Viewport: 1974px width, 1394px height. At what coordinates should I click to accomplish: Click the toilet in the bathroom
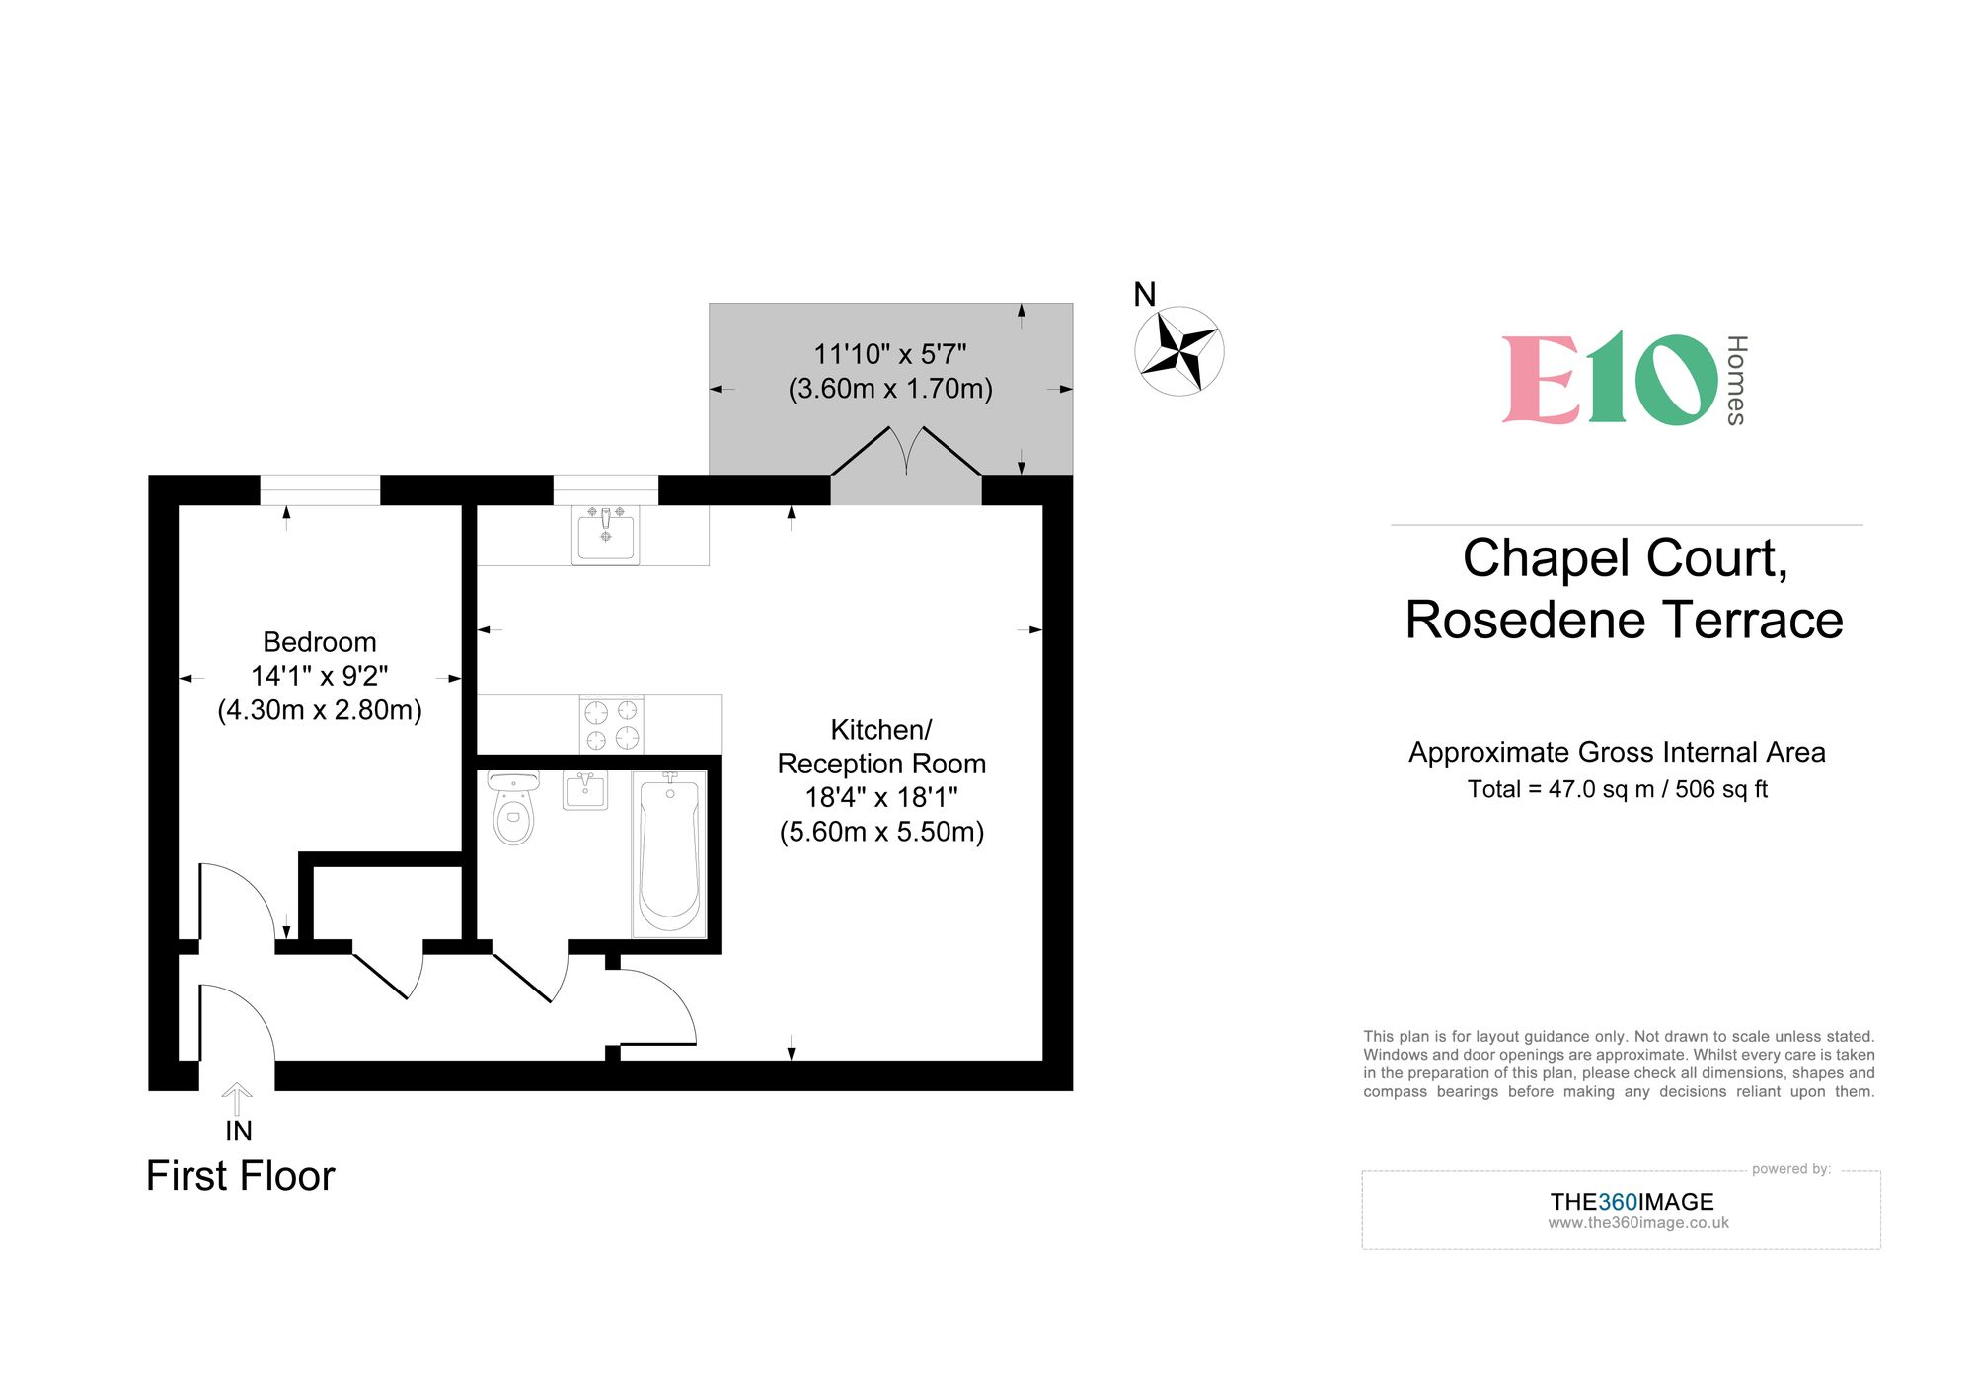(x=513, y=810)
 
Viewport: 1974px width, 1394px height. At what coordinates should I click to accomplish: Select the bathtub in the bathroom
(x=669, y=854)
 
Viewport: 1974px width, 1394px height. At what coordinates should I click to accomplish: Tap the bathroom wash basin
(x=585, y=790)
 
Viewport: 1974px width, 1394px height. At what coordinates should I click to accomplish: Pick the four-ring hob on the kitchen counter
(x=612, y=725)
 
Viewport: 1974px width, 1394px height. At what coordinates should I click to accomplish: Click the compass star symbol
(x=1178, y=351)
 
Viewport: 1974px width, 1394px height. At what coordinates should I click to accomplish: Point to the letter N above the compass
(x=1144, y=294)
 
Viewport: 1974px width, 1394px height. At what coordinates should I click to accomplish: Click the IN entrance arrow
(x=237, y=1098)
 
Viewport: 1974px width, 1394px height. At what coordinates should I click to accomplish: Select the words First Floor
(x=240, y=1176)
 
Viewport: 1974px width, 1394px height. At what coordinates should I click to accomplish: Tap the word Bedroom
(x=319, y=642)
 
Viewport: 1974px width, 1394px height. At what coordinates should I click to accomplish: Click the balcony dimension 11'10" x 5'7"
(x=889, y=354)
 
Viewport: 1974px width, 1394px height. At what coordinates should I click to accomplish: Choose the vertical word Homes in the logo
(x=1737, y=380)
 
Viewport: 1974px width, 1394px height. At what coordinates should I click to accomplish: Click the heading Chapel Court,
(x=1625, y=558)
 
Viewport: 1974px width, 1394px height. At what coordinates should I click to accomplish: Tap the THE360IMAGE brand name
(x=1632, y=1202)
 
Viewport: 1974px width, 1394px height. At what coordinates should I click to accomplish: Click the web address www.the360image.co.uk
(x=1637, y=1223)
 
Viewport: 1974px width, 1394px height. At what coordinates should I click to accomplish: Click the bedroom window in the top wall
(x=320, y=489)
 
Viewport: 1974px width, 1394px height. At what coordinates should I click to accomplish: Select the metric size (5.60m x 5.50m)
(x=881, y=832)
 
